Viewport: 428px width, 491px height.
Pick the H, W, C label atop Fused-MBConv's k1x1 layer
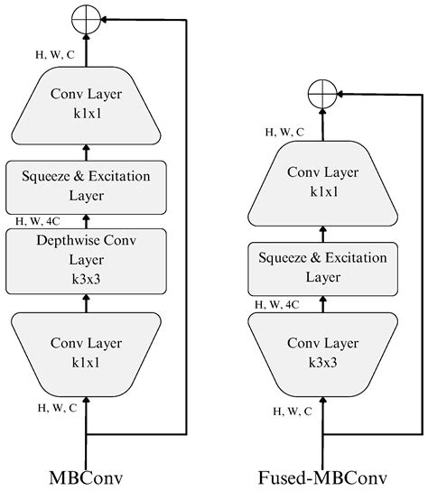point(284,132)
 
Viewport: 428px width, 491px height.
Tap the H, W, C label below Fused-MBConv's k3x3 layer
point(292,411)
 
